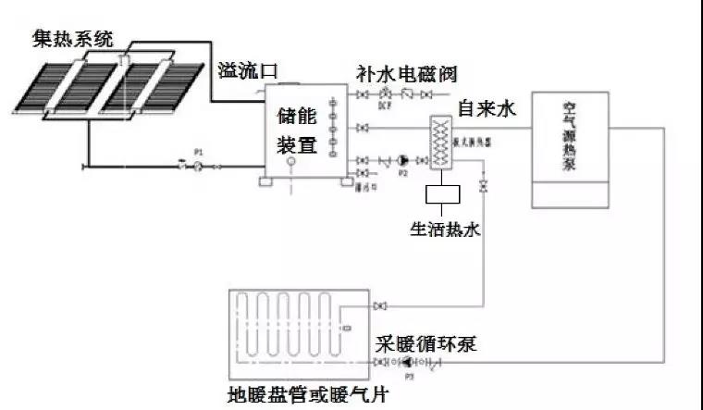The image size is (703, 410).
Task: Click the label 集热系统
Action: (x=74, y=39)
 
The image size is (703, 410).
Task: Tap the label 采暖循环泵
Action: (x=425, y=343)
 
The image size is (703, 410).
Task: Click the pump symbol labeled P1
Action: (x=196, y=167)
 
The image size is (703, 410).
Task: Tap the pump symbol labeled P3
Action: (x=408, y=362)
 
